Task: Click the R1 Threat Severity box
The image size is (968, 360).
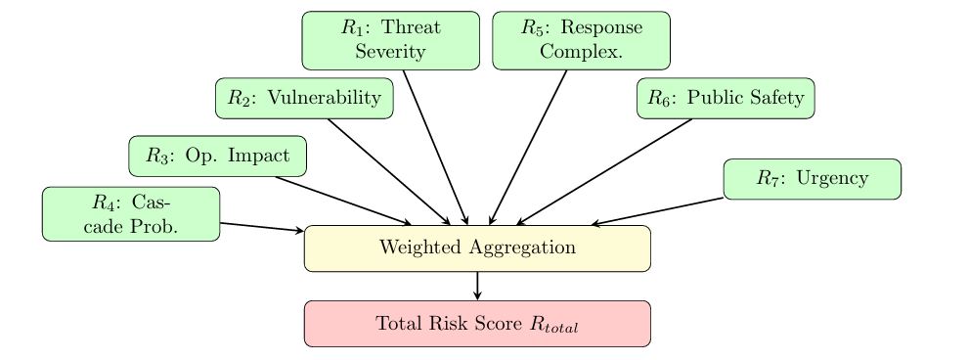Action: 390,41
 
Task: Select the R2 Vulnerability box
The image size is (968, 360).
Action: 304,98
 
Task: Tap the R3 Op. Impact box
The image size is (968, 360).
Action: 218,156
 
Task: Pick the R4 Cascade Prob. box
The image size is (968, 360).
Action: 131,213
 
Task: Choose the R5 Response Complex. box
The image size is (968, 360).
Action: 581,41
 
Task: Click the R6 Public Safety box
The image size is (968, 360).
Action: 726,98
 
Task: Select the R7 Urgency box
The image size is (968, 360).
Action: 812,179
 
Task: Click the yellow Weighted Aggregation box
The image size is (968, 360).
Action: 477,247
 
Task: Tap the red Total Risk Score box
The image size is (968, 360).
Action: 477,324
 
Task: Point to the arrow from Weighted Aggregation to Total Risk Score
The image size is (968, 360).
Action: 477,286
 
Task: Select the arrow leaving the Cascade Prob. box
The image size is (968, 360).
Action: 262,228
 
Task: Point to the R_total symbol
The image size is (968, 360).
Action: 554,326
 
